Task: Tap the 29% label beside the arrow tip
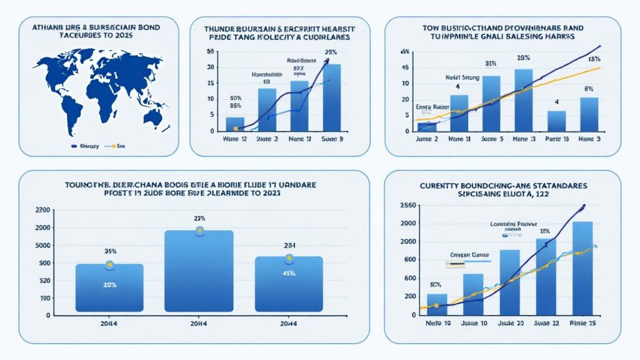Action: tap(331, 52)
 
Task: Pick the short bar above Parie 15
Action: tap(556, 121)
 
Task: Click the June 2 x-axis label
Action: tap(427, 139)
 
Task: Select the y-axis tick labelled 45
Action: tap(406, 67)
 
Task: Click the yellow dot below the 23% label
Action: tap(200, 231)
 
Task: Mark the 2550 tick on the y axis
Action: tap(407, 205)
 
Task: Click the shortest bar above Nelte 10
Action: tap(437, 304)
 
